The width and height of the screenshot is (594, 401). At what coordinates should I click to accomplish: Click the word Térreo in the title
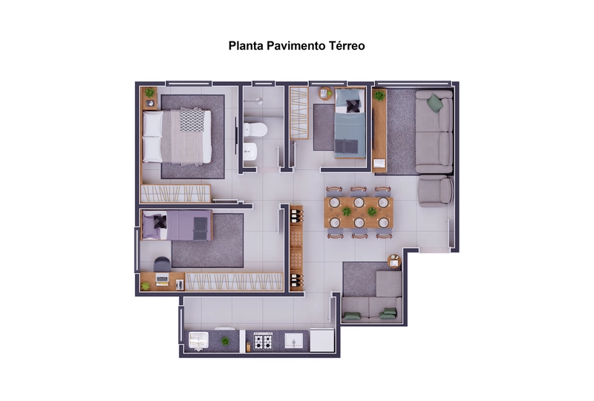[347, 45]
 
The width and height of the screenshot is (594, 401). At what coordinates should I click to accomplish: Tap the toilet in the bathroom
[255, 130]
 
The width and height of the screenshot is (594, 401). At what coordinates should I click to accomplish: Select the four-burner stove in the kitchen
[263, 341]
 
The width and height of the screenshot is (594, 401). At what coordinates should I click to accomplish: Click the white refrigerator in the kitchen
[322, 340]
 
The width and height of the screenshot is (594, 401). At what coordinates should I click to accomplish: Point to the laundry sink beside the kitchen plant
[198, 340]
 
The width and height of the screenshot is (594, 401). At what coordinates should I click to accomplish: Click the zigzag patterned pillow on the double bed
[192, 120]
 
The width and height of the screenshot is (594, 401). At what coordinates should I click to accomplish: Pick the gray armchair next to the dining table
[435, 190]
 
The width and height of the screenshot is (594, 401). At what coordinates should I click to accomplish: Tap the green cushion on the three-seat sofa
[435, 102]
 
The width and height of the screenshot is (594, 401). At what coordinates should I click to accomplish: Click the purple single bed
[177, 225]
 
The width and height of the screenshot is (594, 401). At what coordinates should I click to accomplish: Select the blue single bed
[350, 123]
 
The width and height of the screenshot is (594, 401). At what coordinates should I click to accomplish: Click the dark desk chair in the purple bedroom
[162, 264]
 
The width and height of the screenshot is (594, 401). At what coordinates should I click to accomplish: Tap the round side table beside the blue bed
[325, 94]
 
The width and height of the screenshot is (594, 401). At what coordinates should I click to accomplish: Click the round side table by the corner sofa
[394, 261]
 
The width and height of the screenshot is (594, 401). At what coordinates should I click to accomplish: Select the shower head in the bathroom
[258, 101]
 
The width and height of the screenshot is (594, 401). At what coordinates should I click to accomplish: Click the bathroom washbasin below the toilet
[250, 151]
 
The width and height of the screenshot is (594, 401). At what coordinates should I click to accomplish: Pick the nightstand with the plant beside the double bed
[150, 98]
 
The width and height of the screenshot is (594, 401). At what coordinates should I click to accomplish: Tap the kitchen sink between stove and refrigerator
[293, 341]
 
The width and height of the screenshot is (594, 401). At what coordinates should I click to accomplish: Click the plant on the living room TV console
[379, 96]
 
